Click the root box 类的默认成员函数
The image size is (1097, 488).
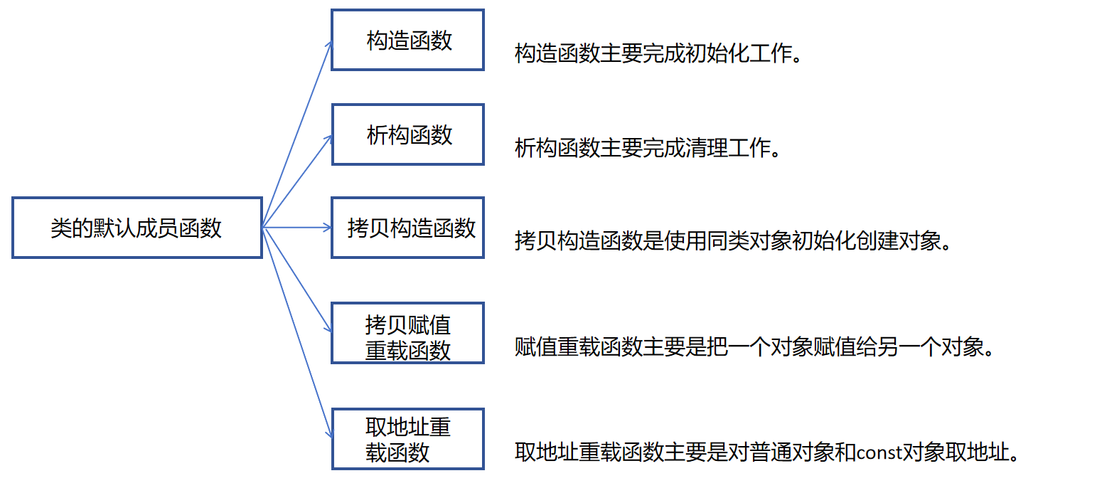pyautogui.click(x=137, y=228)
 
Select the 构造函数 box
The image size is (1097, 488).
pyautogui.click(x=407, y=40)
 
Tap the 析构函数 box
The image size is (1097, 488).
pyautogui.click(x=407, y=134)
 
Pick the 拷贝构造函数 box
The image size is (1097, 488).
pyautogui.click(x=407, y=228)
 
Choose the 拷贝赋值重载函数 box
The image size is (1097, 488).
pyautogui.click(x=407, y=333)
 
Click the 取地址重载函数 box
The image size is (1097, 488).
pyautogui.click(x=407, y=439)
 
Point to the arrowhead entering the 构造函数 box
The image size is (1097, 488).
pyautogui.click(x=328, y=44)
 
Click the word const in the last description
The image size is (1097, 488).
pyautogui.click(x=879, y=452)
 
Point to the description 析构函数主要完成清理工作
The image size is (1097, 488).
pyautogui.click(x=648, y=148)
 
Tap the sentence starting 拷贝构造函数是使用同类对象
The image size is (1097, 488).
pyautogui.click(x=733, y=242)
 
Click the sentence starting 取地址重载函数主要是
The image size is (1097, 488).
pyautogui.click(x=767, y=452)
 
